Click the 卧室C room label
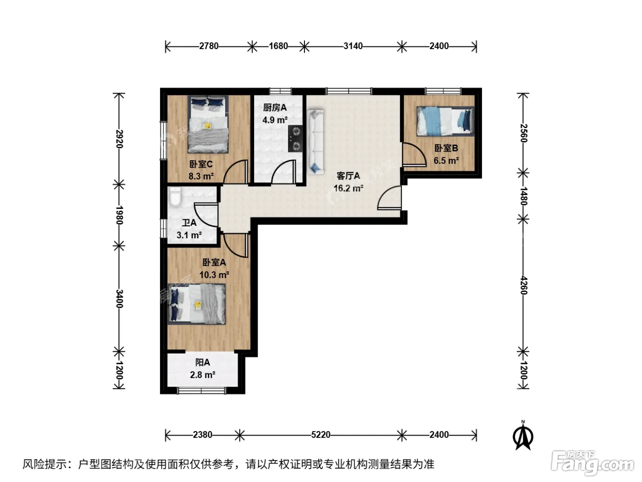point(201,164)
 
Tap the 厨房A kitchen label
point(275,108)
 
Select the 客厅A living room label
point(348,176)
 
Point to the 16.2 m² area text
point(349,188)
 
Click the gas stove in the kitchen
point(295,139)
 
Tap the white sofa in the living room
point(315,142)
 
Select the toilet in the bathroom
point(176,196)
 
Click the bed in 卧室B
point(445,121)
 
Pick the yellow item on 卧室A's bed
point(198,305)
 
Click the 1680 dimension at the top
point(278,46)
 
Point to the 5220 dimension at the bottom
point(321,435)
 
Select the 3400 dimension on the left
point(119,298)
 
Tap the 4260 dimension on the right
point(523,286)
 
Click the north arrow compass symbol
point(523,436)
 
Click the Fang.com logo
point(592,463)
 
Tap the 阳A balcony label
point(202,363)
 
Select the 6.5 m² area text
point(446,161)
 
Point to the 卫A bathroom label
point(189,223)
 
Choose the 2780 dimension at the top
point(209,46)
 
